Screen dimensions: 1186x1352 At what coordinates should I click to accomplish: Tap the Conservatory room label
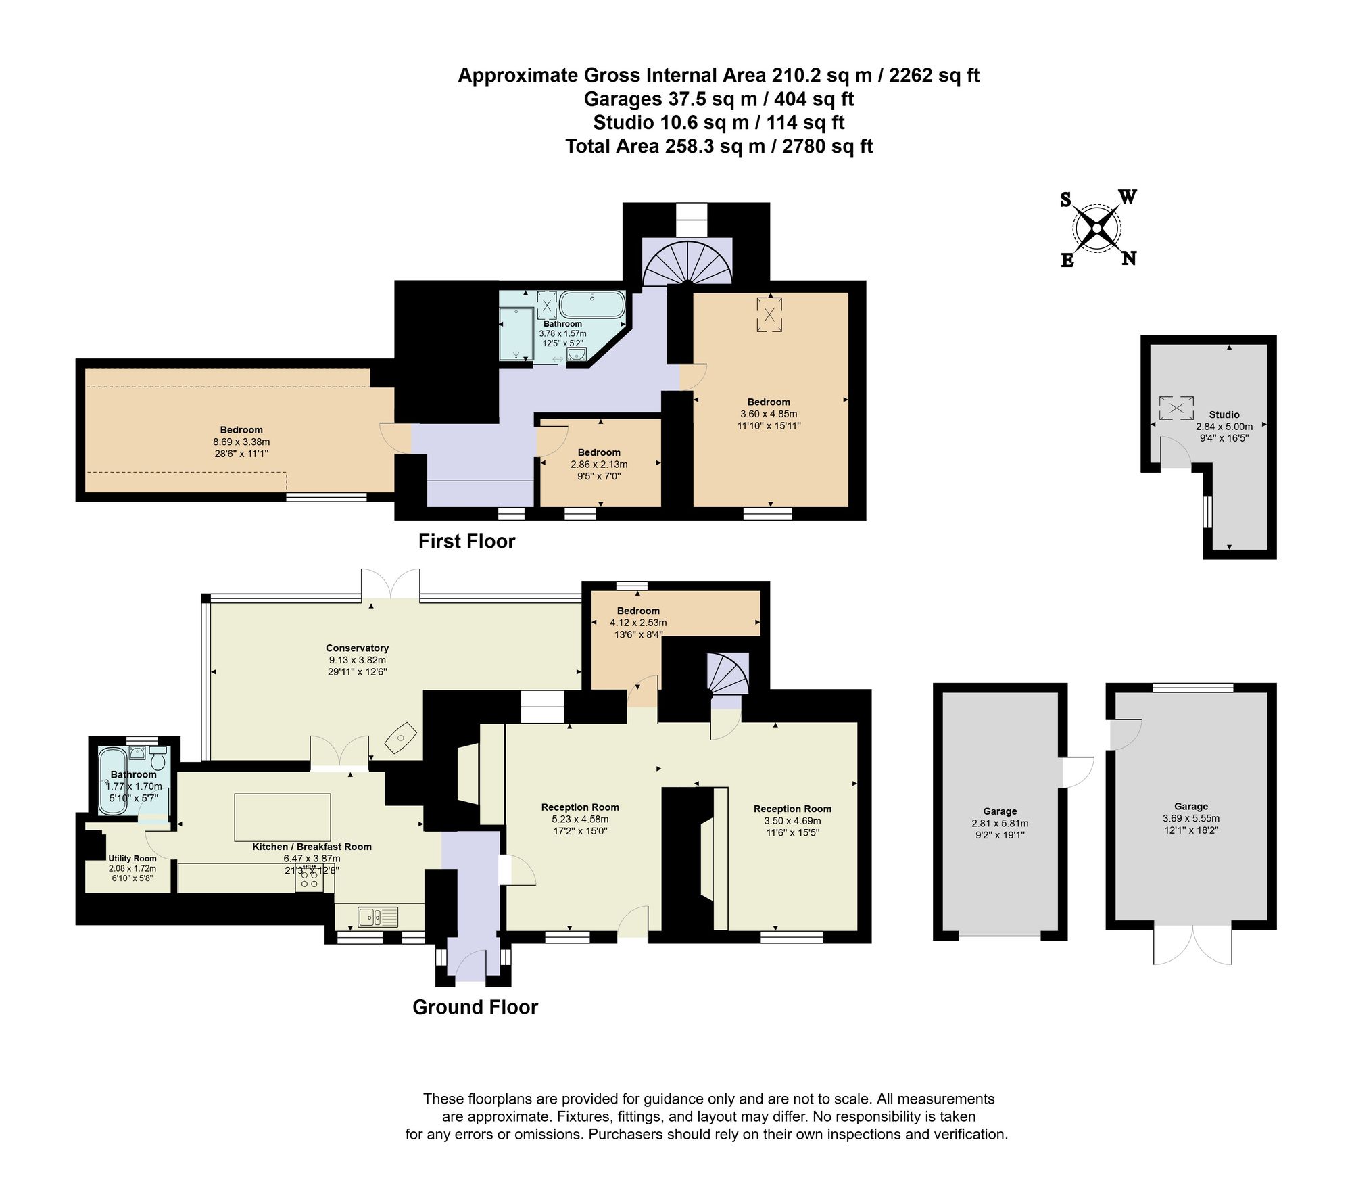tap(357, 648)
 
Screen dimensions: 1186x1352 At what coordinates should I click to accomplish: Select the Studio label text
tap(1224, 414)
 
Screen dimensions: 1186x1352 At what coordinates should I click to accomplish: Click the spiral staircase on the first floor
tap(687, 264)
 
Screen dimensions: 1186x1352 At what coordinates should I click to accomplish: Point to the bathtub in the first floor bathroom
tap(592, 305)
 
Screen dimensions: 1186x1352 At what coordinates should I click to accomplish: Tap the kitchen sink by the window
tap(378, 917)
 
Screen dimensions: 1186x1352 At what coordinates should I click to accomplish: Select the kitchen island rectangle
tap(283, 817)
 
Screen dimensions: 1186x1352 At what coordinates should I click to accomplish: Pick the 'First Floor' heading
tap(466, 542)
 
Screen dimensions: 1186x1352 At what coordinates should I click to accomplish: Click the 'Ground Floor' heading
tap(475, 1007)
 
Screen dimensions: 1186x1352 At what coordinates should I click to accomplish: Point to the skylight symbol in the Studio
tap(1176, 408)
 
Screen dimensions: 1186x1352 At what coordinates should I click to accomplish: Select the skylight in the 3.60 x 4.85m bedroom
tap(769, 314)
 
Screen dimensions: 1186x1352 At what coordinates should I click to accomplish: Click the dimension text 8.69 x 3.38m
tap(241, 442)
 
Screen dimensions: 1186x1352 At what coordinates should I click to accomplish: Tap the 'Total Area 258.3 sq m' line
tap(719, 146)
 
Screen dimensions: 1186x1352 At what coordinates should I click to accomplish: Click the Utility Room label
tap(132, 858)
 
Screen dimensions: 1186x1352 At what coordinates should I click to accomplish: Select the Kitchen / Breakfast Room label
tap(312, 847)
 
